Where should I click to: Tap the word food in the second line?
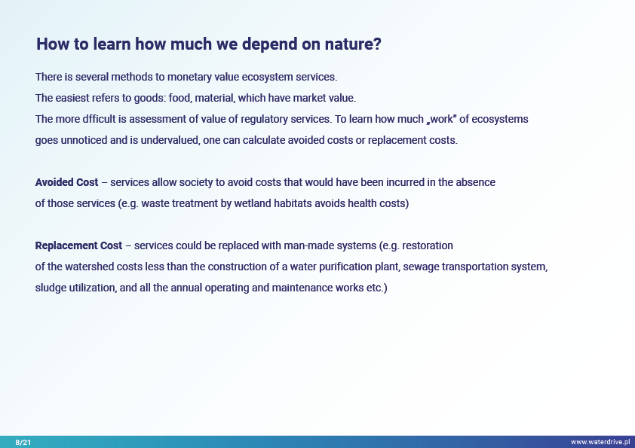tap(179, 98)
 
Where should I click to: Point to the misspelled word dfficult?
tap(99, 119)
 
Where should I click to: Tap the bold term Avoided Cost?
tap(67, 182)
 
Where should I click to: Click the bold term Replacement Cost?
tap(78, 245)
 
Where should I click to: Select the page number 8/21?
tap(23, 442)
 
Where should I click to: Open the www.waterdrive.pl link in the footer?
tap(600, 442)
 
